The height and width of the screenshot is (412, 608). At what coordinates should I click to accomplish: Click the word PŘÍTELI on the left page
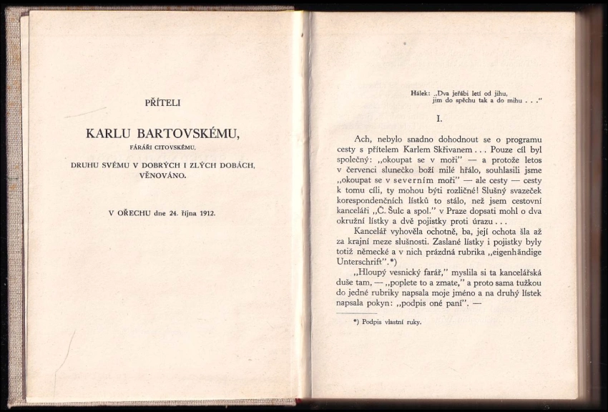163,102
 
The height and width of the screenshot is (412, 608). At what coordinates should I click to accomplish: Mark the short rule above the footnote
356,313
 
